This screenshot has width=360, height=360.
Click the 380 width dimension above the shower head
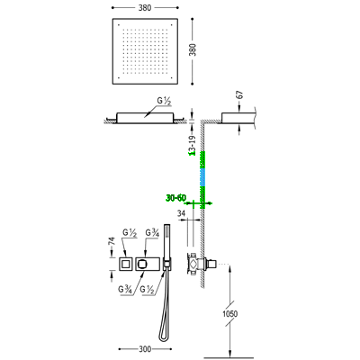point(145,8)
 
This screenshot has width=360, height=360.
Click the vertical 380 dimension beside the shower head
point(193,49)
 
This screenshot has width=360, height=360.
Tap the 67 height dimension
point(239,94)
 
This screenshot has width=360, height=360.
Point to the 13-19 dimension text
point(193,146)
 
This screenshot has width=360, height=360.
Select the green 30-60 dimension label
point(176,198)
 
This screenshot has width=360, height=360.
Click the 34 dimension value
point(182,213)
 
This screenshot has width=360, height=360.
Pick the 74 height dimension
point(112,241)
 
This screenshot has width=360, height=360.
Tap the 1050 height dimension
point(229,314)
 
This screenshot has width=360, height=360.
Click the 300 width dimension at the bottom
point(145,349)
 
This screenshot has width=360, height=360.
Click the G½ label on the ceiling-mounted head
point(164,101)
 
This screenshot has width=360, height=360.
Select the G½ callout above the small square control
point(130,232)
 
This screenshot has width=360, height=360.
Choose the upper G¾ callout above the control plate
point(152,232)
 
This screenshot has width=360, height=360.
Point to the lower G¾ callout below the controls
point(125,290)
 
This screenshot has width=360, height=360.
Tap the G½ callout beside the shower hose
point(147,290)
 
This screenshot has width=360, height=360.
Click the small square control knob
point(126,265)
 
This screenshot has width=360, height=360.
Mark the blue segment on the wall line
point(202,177)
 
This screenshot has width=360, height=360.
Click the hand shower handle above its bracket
point(166,240)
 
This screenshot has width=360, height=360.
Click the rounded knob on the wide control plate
point(142,265)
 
